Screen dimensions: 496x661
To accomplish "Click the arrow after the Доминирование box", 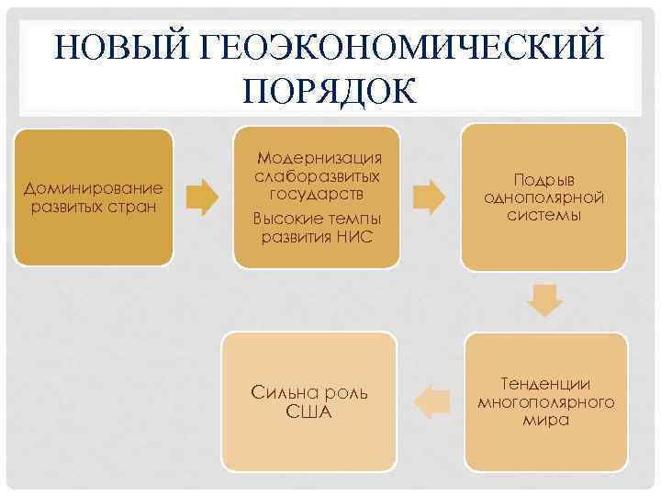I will pyautogui.click(x=203, y=196).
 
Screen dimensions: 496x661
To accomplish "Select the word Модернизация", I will pyautogui.click(x=319, y=159).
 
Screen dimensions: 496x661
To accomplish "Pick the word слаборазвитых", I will pyautogui.click(x=318, y=176).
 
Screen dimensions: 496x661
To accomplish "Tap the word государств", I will pyautogui.click(x=318, y=194).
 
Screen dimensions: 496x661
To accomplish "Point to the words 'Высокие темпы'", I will pyautogui.click(x=316, y=220).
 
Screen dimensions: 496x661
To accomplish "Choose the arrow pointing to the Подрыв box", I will pyautogui.click(x=429, y=196).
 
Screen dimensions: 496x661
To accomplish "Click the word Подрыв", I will pyautogui.click(x=543, y=180).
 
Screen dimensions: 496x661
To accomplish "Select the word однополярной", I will pyautogui.click(x=543, y=197).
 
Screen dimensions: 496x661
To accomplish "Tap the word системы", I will pyautogui.click(x=543, y=215).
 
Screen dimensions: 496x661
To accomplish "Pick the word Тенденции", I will pyautogui.click(x=545, y=384).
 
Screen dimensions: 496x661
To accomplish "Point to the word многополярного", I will pyautogui.click(x=545, y=401).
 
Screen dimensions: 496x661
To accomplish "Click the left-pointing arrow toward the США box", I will pyautogui.click(x=432, y=401).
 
